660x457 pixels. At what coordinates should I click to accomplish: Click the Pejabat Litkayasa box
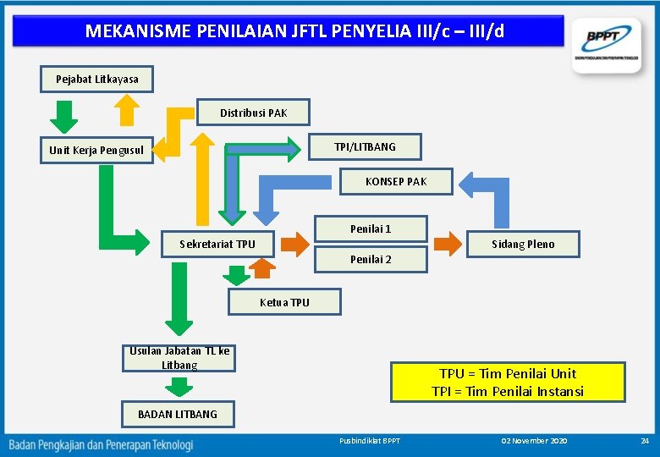click(x=97, y=79)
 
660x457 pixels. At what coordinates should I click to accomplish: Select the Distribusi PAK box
click(x=253, y=113)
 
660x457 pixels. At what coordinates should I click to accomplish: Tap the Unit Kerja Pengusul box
click(x=96, y=151)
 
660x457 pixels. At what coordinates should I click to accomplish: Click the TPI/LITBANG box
click(x=365, y=146)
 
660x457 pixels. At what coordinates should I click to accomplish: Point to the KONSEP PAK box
click(x=396, y=181)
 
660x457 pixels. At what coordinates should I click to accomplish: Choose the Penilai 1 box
click(x=371, y=228)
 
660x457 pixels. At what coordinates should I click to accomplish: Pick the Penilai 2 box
click(x=371, y=260)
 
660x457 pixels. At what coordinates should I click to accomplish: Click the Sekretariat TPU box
click(x=217, y=244)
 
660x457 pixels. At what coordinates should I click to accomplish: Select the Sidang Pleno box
click(x=524, y=244)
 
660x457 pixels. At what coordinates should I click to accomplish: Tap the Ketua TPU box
click(x=284, y=302)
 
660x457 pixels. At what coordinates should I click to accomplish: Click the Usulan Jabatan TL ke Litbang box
click(x=179, y=358)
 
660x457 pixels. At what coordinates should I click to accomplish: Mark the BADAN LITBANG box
click(x=178, y=414)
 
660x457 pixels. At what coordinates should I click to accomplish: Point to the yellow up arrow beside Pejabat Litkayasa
click(x=126, y=109)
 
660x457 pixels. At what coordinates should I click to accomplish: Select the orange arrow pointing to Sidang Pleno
click(x=448, y=244)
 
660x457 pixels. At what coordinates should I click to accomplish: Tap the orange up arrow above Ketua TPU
click(x=263, y=268)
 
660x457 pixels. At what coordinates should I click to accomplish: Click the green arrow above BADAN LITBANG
click(x=179, y=387)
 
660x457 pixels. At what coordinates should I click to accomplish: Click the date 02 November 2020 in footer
click(x=534, y=442)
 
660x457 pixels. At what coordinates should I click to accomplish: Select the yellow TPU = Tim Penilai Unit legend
click(x=508, y=382)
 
